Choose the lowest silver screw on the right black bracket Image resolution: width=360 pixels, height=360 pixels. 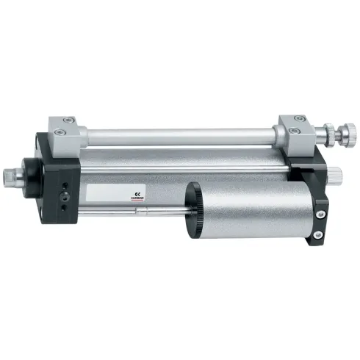click(318, 235)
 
